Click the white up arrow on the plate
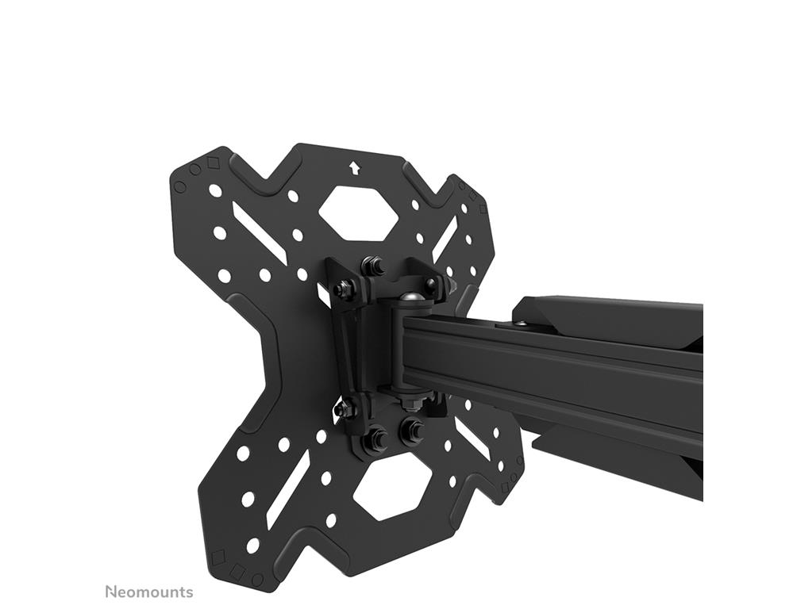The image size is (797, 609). [354, 167]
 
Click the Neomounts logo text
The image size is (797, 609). [149, 592]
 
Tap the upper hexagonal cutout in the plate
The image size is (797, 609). [357, 213]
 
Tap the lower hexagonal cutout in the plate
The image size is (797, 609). [392, 488]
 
